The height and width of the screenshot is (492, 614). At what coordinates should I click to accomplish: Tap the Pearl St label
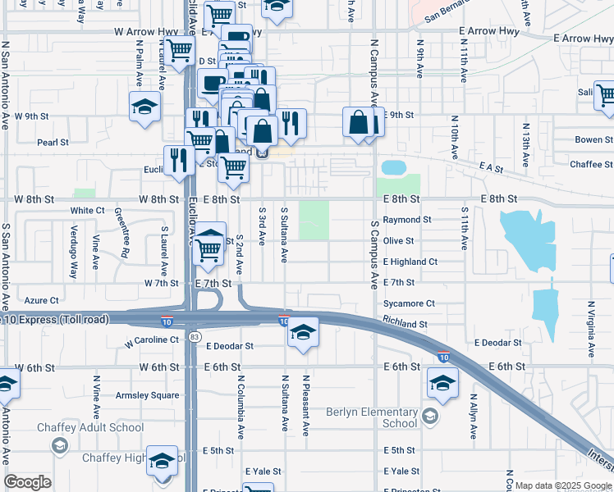coord(53,142)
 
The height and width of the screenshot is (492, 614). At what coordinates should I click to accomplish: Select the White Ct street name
coord(87,211)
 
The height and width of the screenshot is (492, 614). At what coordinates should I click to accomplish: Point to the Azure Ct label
coord(42,301)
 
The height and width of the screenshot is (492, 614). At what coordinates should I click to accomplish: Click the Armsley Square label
coord(148,394)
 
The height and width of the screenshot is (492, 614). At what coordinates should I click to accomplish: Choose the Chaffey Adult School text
coord(90,427)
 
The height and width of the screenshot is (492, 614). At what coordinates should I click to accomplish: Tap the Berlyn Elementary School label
coord(372,417)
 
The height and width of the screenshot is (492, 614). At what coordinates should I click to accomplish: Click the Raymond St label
coord(406,220)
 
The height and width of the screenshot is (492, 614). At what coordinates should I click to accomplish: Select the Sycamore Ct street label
coord(408,303)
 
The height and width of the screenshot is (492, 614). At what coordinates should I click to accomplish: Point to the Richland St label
coord(405,324)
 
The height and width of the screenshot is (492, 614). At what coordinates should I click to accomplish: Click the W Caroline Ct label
coord(151,340)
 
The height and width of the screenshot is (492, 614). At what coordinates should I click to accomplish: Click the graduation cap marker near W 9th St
coord(145,107)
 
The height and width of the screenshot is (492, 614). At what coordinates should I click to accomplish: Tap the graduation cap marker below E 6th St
coord(442,383)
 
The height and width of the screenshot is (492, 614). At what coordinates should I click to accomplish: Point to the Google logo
coord(28,482)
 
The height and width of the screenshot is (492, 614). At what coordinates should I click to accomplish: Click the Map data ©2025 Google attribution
coord(563,485)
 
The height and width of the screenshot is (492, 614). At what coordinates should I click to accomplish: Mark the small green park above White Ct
coord(84,194)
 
